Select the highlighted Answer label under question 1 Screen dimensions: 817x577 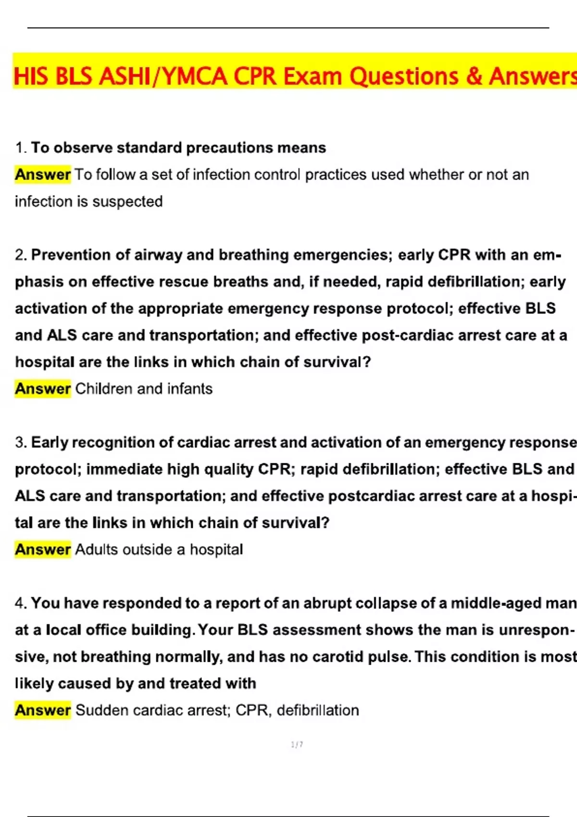pos(43,174)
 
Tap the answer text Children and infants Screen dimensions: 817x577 pos(144,389)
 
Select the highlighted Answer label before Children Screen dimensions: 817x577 pos(43,389)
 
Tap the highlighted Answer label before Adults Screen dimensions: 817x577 pos(43,549)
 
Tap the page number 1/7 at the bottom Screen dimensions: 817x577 pos(297,745)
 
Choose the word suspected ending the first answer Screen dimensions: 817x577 pos(127,201)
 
